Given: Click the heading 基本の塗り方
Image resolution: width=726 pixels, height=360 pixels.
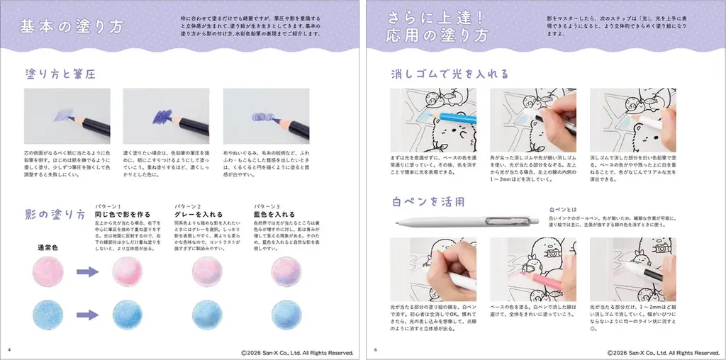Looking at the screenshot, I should [x=72, y=27].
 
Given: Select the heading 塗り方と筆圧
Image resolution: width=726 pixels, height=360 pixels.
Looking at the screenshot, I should [x=60, y=74].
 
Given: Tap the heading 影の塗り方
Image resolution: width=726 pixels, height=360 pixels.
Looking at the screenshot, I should [x=55, y=215].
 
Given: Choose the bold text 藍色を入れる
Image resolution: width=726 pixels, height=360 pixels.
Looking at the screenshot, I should [x=274, y=214].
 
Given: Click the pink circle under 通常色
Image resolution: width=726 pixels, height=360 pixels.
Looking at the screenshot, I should [x=48, y=271].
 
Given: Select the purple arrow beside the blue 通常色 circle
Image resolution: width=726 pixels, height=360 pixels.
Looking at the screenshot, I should [x=88, y=315].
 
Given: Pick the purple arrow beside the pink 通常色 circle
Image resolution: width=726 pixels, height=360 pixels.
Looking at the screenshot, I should [x=88, y=271].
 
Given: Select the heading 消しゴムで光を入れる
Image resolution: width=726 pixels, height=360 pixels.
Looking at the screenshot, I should [x=449, y=74].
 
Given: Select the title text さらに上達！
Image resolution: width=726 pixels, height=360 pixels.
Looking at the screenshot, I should [x=432, y=17].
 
